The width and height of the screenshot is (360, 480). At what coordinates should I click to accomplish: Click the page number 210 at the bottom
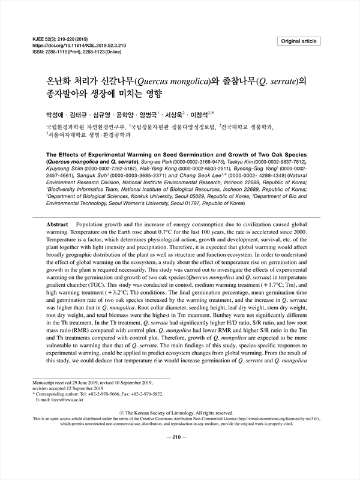[180, 436]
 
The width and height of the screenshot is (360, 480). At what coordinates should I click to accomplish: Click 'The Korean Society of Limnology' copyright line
[180, 413]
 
